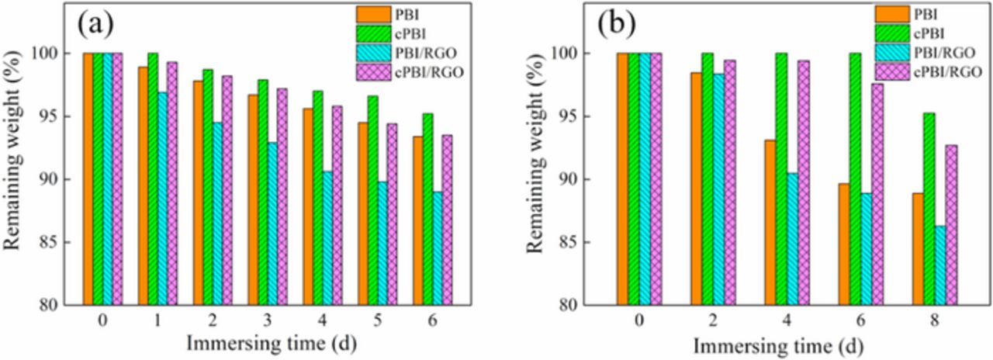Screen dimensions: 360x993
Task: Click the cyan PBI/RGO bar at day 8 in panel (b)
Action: click(x=940, y=265)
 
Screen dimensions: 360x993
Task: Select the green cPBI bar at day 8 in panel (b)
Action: click(x=929, y=209)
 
